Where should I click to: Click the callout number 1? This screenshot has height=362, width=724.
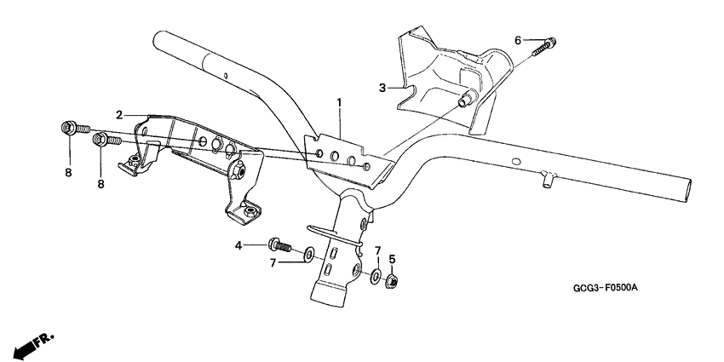(339, 103)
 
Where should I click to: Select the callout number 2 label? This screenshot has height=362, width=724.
(120, 114)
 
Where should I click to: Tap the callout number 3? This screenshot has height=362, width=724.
(382, 87)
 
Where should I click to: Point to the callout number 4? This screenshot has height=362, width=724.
(239, 246)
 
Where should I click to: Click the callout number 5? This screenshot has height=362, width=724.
(392, 259)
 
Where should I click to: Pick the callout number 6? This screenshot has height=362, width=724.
(517, 39)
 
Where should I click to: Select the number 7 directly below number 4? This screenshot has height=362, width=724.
(273, 262)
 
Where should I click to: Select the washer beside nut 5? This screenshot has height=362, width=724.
(375, 274)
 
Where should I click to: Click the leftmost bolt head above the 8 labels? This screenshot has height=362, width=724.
(67, 129)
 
